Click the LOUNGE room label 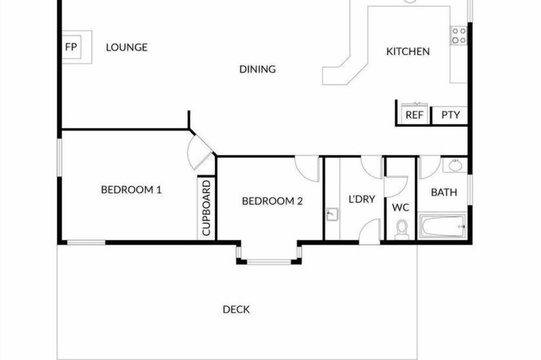click(127, 47)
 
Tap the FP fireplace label click(71, 47)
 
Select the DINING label click(258, 69)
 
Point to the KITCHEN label click(408, 52)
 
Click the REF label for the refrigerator click(414, 115)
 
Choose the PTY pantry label click(451, 115)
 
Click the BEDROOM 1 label click(131, 190)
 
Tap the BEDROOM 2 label click(272, 201)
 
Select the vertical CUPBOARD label click(206, 208)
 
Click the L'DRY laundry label click(361, 199)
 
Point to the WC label click(400, 208)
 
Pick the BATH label click(444, 192)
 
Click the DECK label click(236, 310)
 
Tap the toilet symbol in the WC click(401, 230)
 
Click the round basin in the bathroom click(456, 165)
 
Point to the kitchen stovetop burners click(459, 36)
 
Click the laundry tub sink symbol click(332, 215)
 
